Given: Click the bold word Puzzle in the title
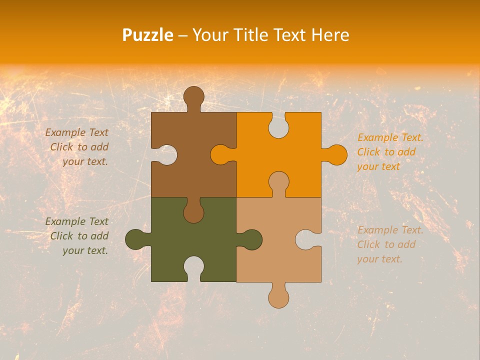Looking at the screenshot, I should click(148, 35).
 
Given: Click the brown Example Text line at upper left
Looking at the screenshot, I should click(76, 132).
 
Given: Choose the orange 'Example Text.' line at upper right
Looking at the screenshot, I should click(390, 137).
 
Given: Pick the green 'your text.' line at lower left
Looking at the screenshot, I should click(85, 250).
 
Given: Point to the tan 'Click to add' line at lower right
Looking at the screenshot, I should click(386, 244).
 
